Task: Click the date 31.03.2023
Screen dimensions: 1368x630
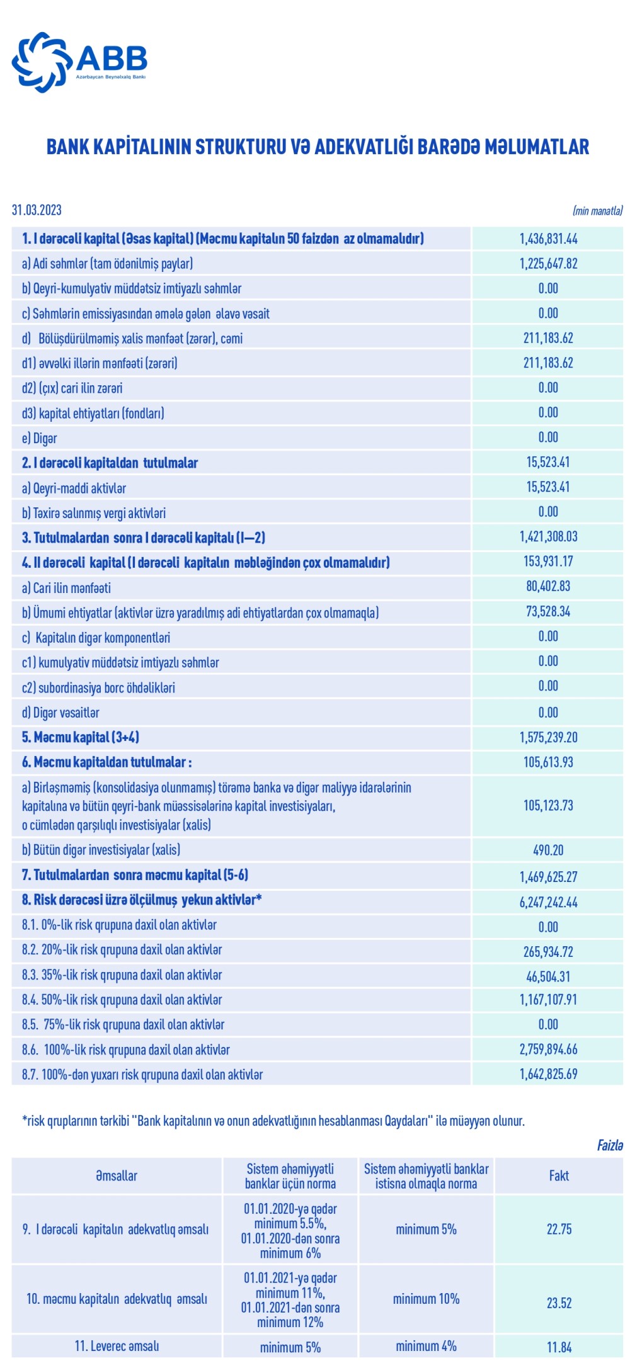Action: coord(37,210)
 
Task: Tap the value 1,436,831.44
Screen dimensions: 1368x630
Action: coord(548,239)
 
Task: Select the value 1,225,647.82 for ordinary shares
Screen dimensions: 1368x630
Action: coord(548,264)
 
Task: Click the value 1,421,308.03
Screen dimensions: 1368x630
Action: coord(548,537)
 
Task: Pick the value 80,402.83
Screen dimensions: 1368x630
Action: coord(548,587)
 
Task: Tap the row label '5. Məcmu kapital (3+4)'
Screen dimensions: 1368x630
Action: coord(81,737)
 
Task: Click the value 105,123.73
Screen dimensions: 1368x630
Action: coord(548,806)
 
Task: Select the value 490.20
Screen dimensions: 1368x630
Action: coord(548,851)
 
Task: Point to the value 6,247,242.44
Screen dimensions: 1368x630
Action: coord(548,902)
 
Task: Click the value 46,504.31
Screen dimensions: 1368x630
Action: coord(548,977)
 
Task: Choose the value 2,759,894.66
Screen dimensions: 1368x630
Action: coord(548,1049)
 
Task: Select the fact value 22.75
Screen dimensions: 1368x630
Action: coord(559,1230)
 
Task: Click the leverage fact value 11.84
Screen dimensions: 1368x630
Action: coord(559,1348)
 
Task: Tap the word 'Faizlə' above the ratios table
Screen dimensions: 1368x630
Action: coord(609,1145)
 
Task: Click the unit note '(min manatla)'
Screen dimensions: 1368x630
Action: coord(597,211)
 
